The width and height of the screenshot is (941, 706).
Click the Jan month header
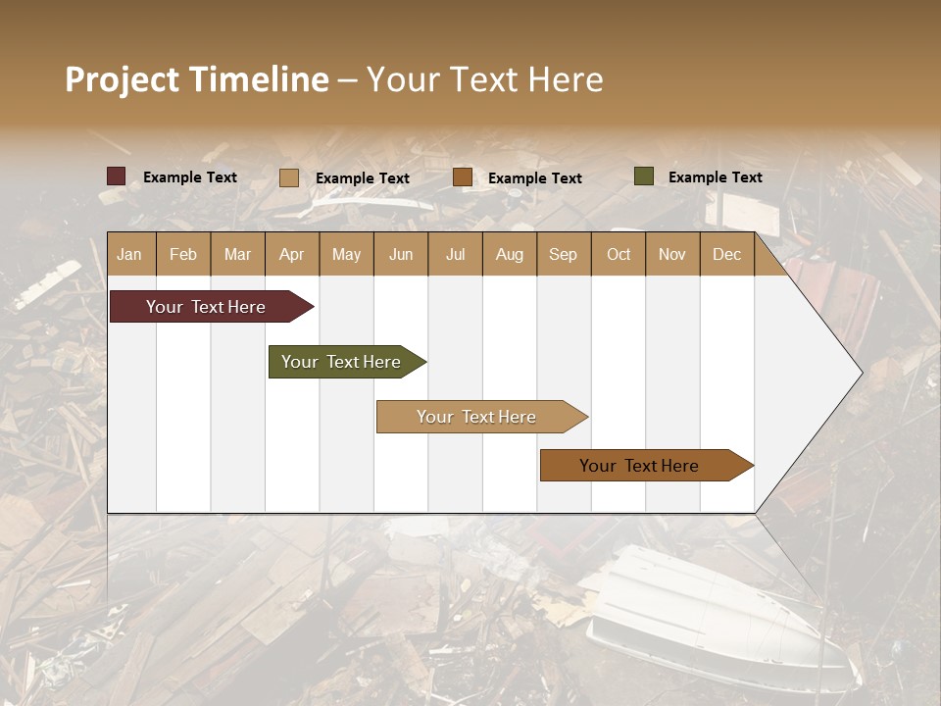(x=129, y=255)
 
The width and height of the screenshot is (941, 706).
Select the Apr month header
(x=292, y=255)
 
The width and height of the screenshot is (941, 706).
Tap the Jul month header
(x=456, y=255)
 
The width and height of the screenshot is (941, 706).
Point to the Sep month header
(x=563, y=255)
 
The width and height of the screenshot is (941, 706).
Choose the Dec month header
(x=727, y=255)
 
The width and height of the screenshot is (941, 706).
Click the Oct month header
(x=619, y=255)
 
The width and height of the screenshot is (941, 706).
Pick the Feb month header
(x=183, y=255)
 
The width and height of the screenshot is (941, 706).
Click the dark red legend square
(x=116, y=176)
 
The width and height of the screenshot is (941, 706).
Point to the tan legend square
(x=288, y=177)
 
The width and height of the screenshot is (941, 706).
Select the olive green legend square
(x=643, y=176)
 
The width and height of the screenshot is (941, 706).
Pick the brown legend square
(x=463, y=177)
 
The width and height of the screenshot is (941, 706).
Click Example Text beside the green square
(x=715, y=177)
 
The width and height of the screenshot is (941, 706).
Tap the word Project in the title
(x=123, y=79)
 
